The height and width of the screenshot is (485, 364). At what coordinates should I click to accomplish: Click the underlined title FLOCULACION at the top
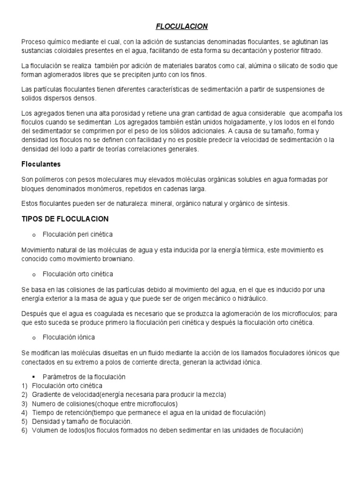click(182, 27)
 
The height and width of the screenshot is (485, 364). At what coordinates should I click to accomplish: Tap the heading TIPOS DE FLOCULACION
click(65, 219)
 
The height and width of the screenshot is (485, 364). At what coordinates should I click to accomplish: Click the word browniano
click(119, 259)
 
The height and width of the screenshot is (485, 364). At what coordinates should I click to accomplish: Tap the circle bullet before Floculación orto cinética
click(34, 274)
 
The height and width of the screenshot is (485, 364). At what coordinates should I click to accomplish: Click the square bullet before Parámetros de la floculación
click(34, 377)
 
